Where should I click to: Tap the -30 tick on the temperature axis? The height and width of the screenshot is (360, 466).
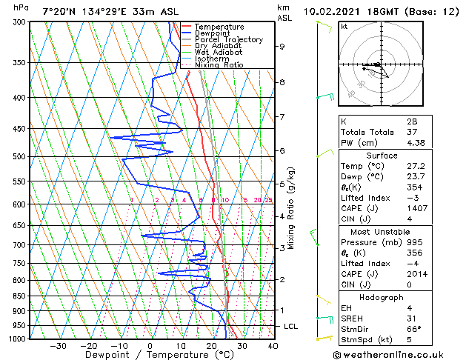(x=58, y=345)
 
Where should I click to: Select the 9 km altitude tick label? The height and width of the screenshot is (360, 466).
(x=282, y=46)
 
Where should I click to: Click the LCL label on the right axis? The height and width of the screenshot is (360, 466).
(x=292, y=326)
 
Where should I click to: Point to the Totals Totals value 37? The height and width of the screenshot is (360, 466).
(x=411, y=132)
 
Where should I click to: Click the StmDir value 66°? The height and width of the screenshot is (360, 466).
(x=413, y=329)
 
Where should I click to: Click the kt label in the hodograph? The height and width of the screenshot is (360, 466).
(x=344, y=26)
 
